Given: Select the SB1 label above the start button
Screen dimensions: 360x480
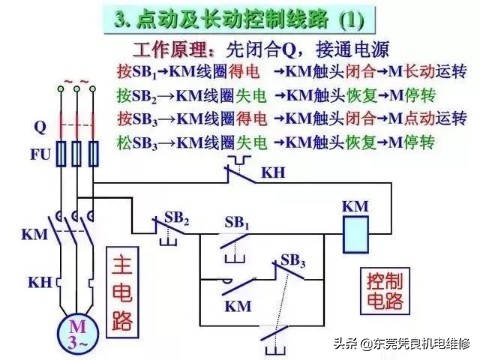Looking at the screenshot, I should coord(238,220).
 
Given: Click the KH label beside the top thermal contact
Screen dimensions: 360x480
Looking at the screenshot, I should coord(272,173).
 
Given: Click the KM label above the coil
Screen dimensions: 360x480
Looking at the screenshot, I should coord(355,206).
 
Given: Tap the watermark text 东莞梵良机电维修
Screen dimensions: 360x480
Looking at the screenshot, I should coord(410,345).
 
